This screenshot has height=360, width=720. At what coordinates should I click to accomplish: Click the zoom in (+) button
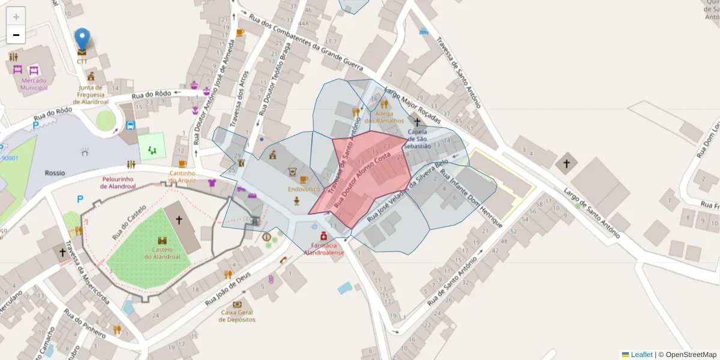tap(16, 17)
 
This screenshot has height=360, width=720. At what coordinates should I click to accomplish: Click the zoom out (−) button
tap(16, 35)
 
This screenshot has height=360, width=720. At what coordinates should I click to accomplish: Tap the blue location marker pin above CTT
tap(82, 40)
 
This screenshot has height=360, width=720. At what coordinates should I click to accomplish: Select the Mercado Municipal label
tap(34, 84)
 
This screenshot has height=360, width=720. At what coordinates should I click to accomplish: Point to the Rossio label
tap(55, 173)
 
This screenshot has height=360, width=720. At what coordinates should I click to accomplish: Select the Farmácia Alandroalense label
tap(324, 249)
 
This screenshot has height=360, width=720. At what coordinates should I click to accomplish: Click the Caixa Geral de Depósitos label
tap(238, 316)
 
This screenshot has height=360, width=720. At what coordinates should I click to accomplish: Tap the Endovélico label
tap(303, 189)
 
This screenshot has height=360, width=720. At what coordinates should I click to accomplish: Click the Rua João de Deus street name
tap(227, 287)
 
